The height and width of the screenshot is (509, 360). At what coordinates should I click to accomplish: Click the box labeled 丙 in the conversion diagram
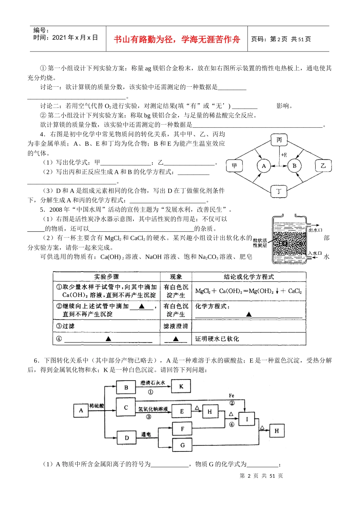point(279,140)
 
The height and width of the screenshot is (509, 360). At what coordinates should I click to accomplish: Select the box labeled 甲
point(234,166)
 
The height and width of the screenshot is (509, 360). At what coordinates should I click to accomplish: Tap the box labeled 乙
point(323,166)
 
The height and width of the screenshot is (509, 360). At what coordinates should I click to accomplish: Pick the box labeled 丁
point(279,191)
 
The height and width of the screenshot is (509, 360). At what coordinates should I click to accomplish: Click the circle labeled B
point(294,166)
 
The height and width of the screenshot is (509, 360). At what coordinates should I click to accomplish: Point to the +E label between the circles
point(283,155)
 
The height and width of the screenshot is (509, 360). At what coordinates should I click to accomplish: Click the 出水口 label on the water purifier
point(315,230)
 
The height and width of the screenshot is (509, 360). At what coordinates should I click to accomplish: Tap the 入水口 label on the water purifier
point(315,253)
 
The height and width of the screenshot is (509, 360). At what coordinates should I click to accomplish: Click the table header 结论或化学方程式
point(249,277)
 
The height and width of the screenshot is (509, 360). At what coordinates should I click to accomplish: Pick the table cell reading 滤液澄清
point(175,326)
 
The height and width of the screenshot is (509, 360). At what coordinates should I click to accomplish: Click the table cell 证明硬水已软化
point(217,339)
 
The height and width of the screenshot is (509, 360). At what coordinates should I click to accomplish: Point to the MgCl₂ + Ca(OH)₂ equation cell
point(249,291)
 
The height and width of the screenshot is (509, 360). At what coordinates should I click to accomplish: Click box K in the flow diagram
point(181,386)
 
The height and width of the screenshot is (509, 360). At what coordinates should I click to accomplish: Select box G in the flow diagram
point(182,445)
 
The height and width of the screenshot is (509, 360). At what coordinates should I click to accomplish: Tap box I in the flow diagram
point(247,419)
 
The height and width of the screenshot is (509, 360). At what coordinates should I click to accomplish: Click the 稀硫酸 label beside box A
point(97,406)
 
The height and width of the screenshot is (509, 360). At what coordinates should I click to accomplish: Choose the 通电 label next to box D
point(146,434)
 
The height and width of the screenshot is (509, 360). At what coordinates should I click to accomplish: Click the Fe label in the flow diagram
point(232,396)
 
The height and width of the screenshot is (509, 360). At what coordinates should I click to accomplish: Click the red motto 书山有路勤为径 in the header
point(177,39)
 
